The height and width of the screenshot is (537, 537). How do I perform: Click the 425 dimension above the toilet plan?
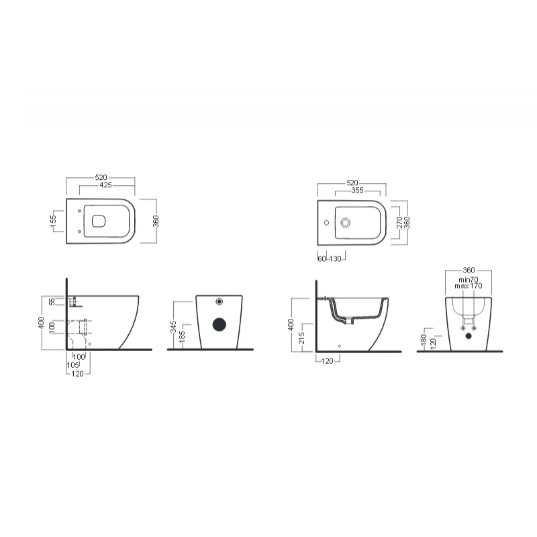pyautogui.click(x=105, y=184)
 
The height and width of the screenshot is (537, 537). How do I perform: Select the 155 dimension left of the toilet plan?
pyautogui.click(x=53, y=221)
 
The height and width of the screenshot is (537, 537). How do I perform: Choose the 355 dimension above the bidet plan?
pyautogui.click(x=357, y=191)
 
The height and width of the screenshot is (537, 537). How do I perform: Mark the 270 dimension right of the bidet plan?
pyautogui.click(x=399, y=223)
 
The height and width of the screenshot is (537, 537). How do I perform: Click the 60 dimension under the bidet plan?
pyautogui.click(x=321, y=258)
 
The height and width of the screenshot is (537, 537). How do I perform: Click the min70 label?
pyautogui.click(x=469, y=279)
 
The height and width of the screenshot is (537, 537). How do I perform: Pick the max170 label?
pyautogui.click(x=469, y=286)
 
